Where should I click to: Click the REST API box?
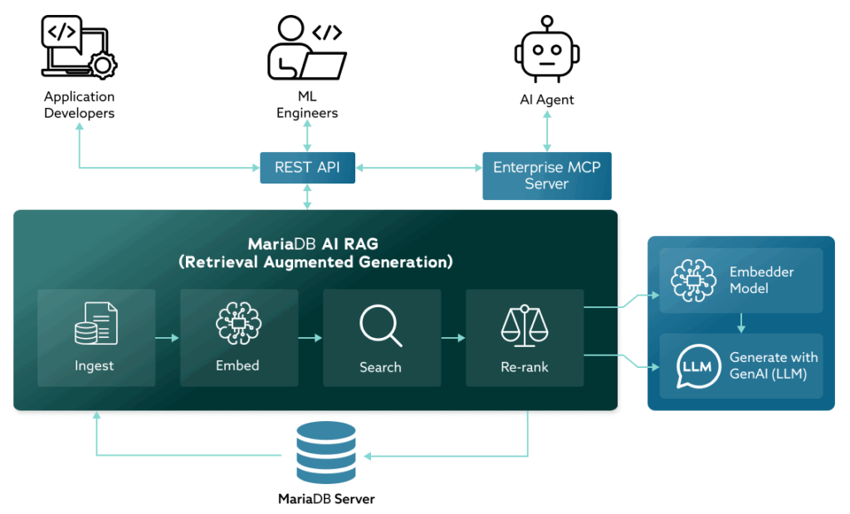pyautogui.click(x=307, y=168)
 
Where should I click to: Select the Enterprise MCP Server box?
pyautogui.click(x=546, y=175)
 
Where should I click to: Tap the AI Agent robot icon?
pyautogui.click(x=546, y=51)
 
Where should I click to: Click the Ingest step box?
pyautogui.click(x=96, y=337)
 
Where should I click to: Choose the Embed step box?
pyautogui.click(x=239, y=337)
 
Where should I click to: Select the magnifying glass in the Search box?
pyautogui.click(x=380, y=326)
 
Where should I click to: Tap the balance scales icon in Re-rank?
pyautogui.click(x=525, y=326)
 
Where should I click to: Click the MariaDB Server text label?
pyautogui.click(x=326, y=499)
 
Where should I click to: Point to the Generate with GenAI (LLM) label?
pyautogui.click(x=773, y=365)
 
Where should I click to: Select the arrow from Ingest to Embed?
pyautogui.click(x=168, y=338)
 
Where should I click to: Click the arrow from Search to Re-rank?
pyautogui.click(x=453, y=338)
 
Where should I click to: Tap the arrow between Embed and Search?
pyautogui.click(x=310, y=338)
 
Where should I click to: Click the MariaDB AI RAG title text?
pyautogui.click(x=315, y=253)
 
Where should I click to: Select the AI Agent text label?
pyautogui.click(x=546, y=100)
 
